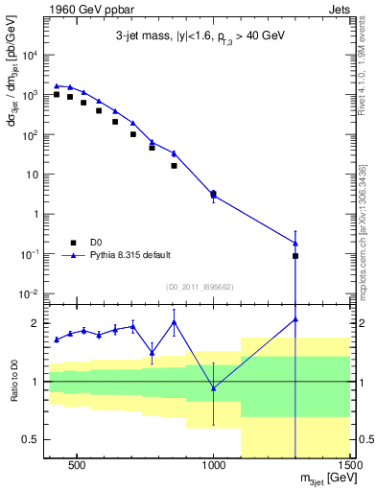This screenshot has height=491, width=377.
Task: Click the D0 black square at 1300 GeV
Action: coord(295,256)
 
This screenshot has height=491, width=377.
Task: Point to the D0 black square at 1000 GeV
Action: coord(213,194)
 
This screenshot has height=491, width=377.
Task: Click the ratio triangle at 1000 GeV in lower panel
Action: coord(213,387)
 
